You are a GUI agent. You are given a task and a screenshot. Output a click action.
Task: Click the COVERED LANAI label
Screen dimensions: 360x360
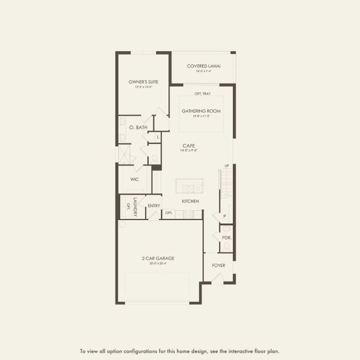[x=203, y=66]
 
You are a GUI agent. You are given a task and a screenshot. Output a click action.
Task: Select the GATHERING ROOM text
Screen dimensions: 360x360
[x=202, y=111]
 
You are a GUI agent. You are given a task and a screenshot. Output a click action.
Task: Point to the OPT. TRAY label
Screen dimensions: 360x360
[x=202, y=94]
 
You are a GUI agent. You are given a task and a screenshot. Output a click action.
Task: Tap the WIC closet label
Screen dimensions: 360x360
[x=134, y=179]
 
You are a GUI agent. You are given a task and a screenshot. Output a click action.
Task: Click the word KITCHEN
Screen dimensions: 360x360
[x=190, y=201]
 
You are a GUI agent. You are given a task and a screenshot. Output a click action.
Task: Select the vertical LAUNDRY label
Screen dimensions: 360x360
[x=136, y=206]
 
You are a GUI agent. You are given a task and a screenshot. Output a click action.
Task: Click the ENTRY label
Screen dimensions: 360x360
[x=154, y=206]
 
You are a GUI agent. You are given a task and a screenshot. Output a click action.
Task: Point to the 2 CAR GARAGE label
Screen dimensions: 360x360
[x=158, y=258]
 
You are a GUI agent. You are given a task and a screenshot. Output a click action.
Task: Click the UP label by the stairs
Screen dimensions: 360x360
[x=227, y=166]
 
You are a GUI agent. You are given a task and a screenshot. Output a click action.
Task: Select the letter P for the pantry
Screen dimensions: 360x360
[x=224, y=216]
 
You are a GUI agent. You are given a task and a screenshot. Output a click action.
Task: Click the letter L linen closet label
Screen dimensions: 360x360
[x=158, y=137]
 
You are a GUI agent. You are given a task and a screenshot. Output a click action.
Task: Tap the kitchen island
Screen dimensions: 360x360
[x=189, y=185]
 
